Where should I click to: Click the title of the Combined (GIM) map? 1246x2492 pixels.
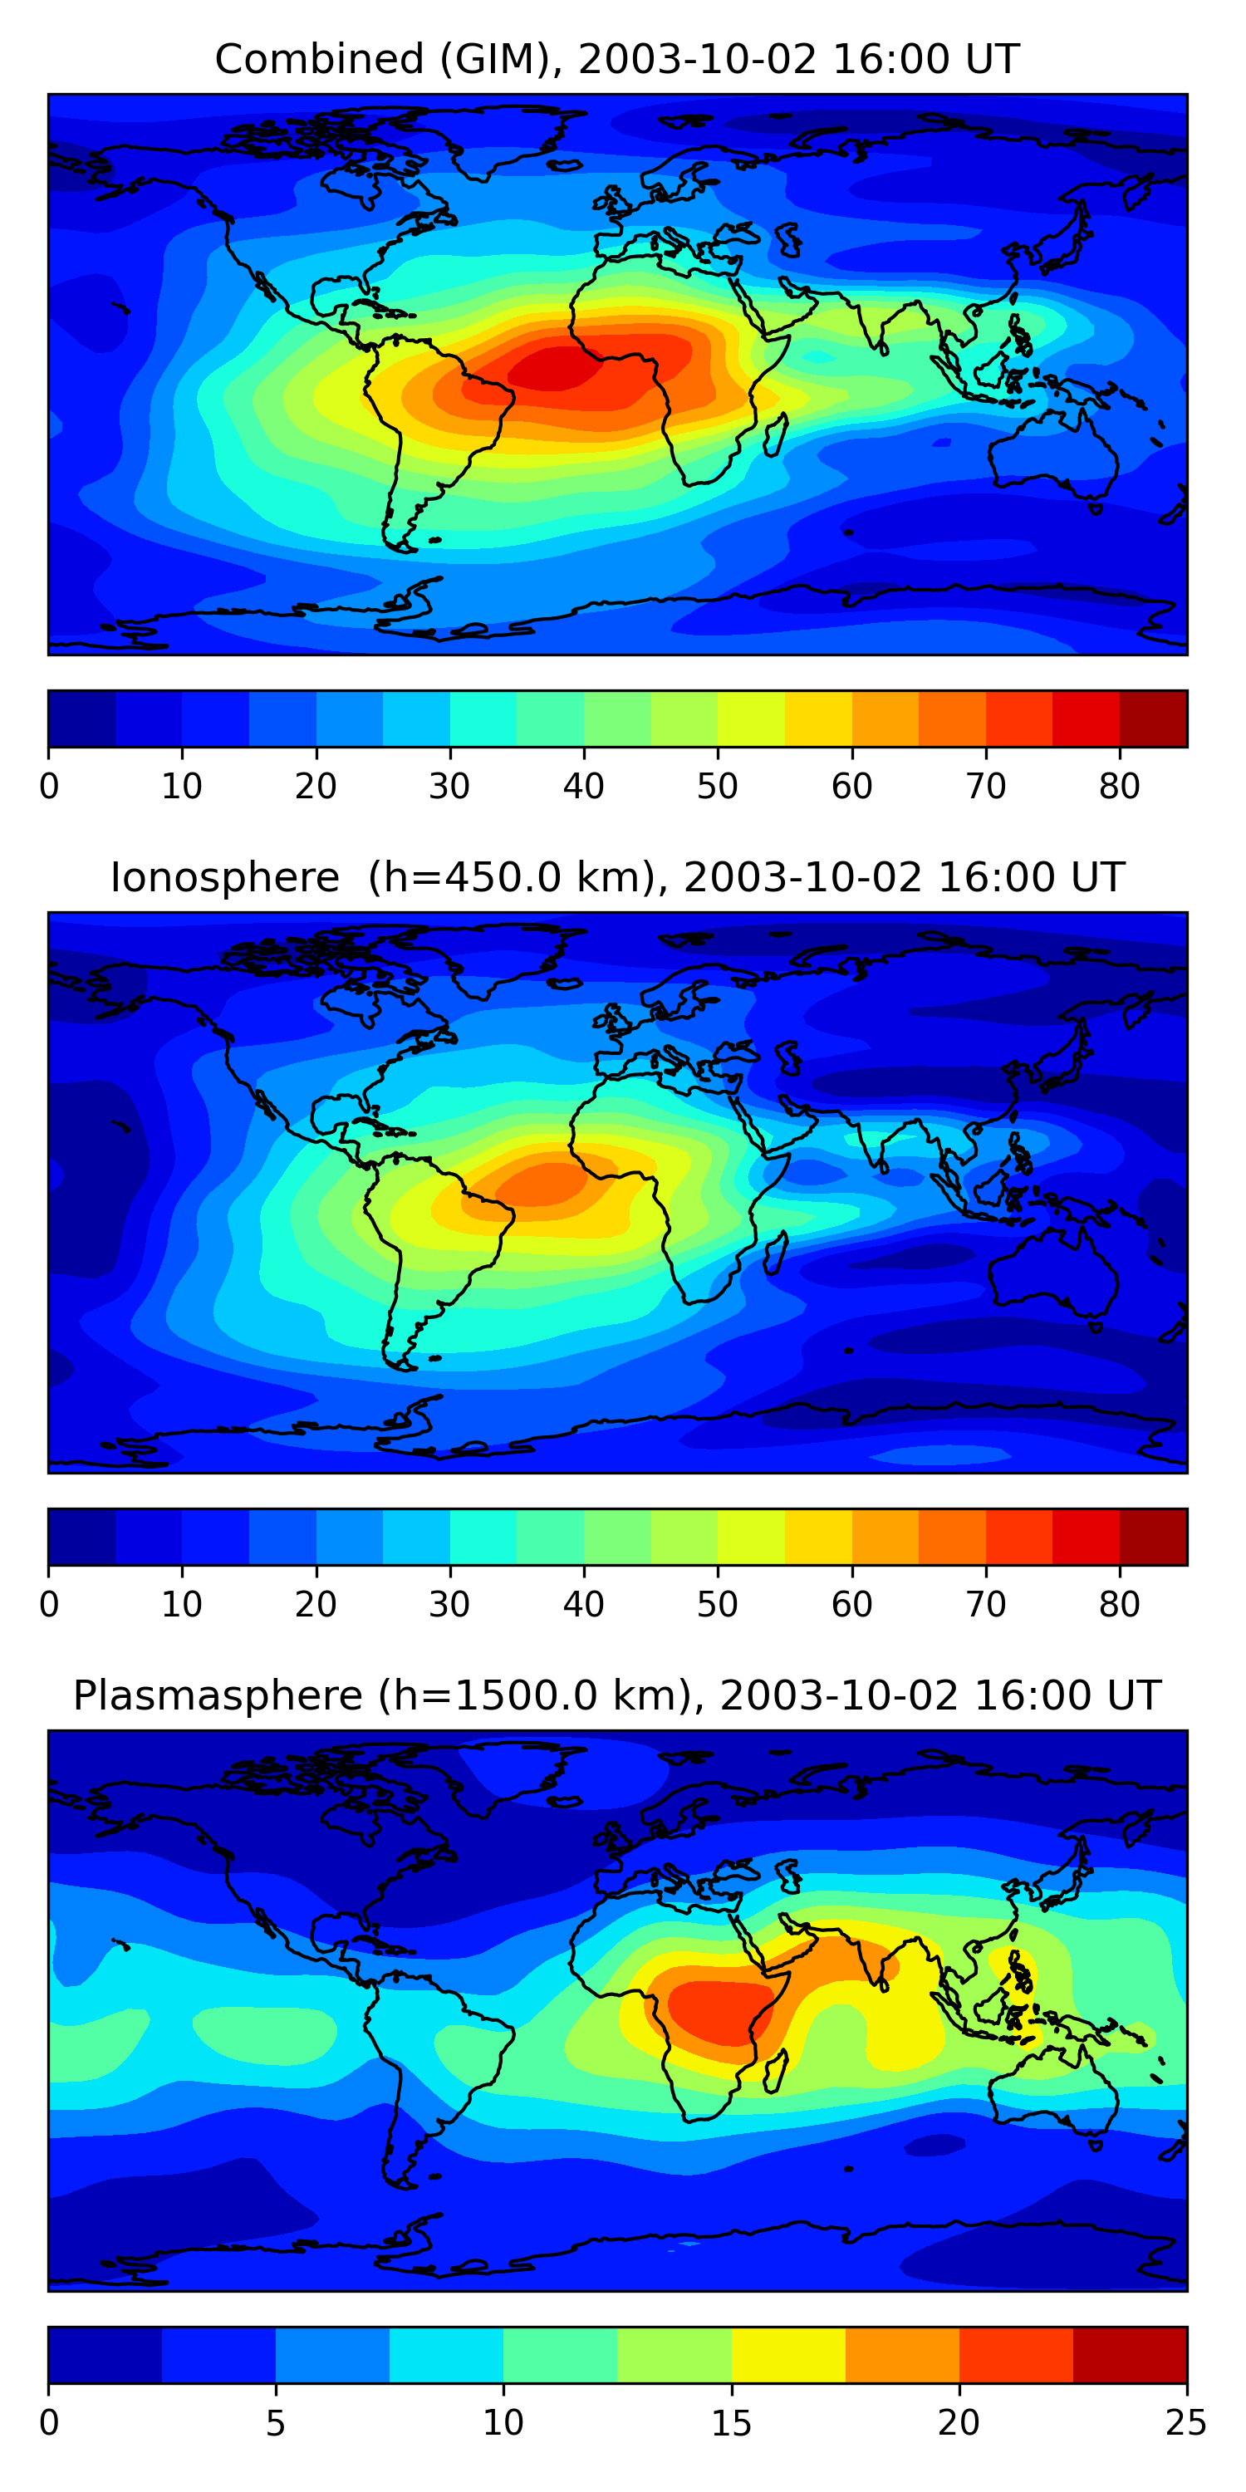(x=616, y=60)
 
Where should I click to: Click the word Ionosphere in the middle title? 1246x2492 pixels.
(x=224, y=878)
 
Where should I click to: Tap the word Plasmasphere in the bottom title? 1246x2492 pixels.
(x=218, y=1696)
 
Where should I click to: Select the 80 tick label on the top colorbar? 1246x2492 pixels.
(x=1119, y=787)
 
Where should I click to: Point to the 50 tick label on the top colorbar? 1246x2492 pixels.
(x=717, y=787)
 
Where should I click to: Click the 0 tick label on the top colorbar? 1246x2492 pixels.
(x=49, y=787)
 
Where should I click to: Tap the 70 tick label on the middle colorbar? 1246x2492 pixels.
(x=985, y=1604)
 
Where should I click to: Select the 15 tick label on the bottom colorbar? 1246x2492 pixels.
(x=730, y=2422)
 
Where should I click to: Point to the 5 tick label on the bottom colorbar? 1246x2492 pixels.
(x=276, y=2422)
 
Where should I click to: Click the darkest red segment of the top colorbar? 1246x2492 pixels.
(x=1153, y=719)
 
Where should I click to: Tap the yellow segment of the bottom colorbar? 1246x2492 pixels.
(x=787, y=2355)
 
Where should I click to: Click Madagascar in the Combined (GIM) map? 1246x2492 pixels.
(x=775, y=434)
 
